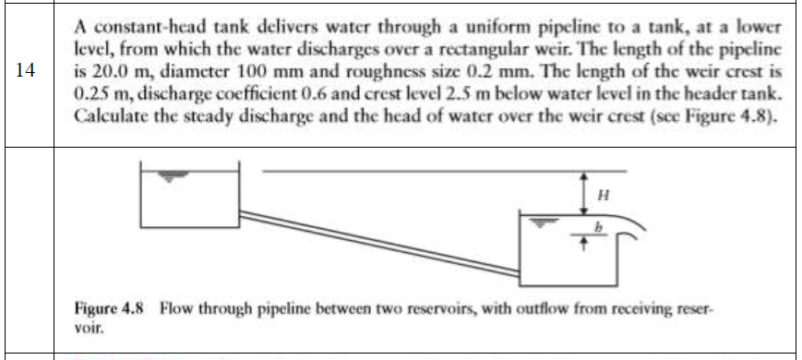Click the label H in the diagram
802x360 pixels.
[604, 194]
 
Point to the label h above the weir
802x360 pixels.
[596, 225]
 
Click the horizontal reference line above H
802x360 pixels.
[443, 171]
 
